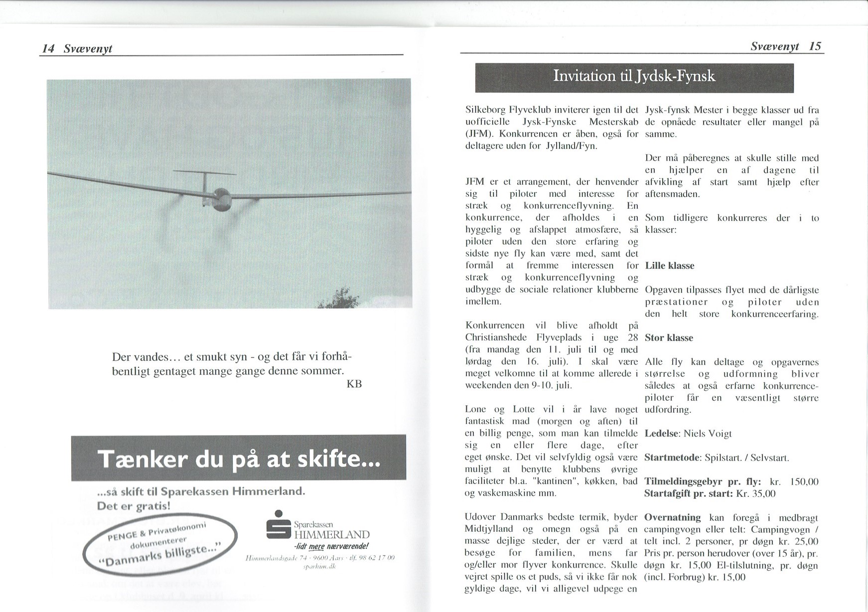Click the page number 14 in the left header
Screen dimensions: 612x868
(48, 48)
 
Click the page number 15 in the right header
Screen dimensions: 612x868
(815, 46)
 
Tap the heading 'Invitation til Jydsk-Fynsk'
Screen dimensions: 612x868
(634, 76)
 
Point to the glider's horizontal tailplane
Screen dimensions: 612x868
(205, 172)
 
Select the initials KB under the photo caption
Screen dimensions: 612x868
(353, 384)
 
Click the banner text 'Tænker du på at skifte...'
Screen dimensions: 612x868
(239, 459)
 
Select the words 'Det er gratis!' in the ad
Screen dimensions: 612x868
(134, 506)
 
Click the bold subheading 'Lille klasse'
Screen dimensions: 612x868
(669, 266)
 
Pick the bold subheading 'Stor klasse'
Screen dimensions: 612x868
(669, 338)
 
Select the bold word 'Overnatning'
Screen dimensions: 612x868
(672, 517)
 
